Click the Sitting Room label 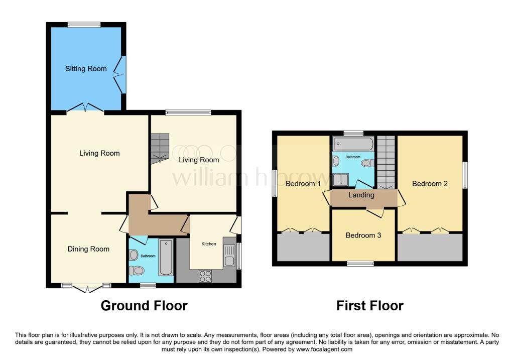pos(86,69)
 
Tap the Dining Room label pos(88,249)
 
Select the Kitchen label pos(209,244)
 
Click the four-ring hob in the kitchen pos(206,276)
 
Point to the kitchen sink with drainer pos(229,256)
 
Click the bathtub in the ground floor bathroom pos(165,258)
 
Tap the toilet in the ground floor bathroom pos(136,271)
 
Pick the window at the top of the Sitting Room pos(84,25)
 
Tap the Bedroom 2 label pos(430,184)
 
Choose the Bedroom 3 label pos(363,235)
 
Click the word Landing pos(361,195)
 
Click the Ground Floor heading pos(144,305)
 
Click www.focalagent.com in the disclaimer pos(324,349)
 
